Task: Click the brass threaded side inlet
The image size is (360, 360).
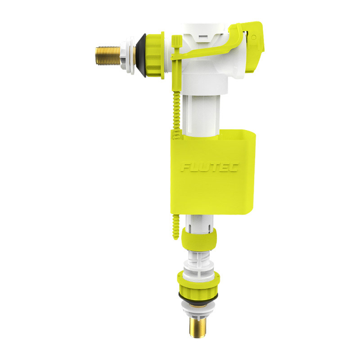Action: [108, 55]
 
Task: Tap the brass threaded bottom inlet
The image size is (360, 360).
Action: [198, 327]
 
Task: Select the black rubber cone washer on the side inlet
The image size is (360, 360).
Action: [141, 55]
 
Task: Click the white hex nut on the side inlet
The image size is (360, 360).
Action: [128, 55]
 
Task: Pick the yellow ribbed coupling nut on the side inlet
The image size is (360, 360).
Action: [155, 55]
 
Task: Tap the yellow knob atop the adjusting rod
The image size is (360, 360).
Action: [177, 40]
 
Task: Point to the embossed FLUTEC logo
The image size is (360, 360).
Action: [210, 167]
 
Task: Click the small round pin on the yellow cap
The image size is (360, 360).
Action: [254, 37]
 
